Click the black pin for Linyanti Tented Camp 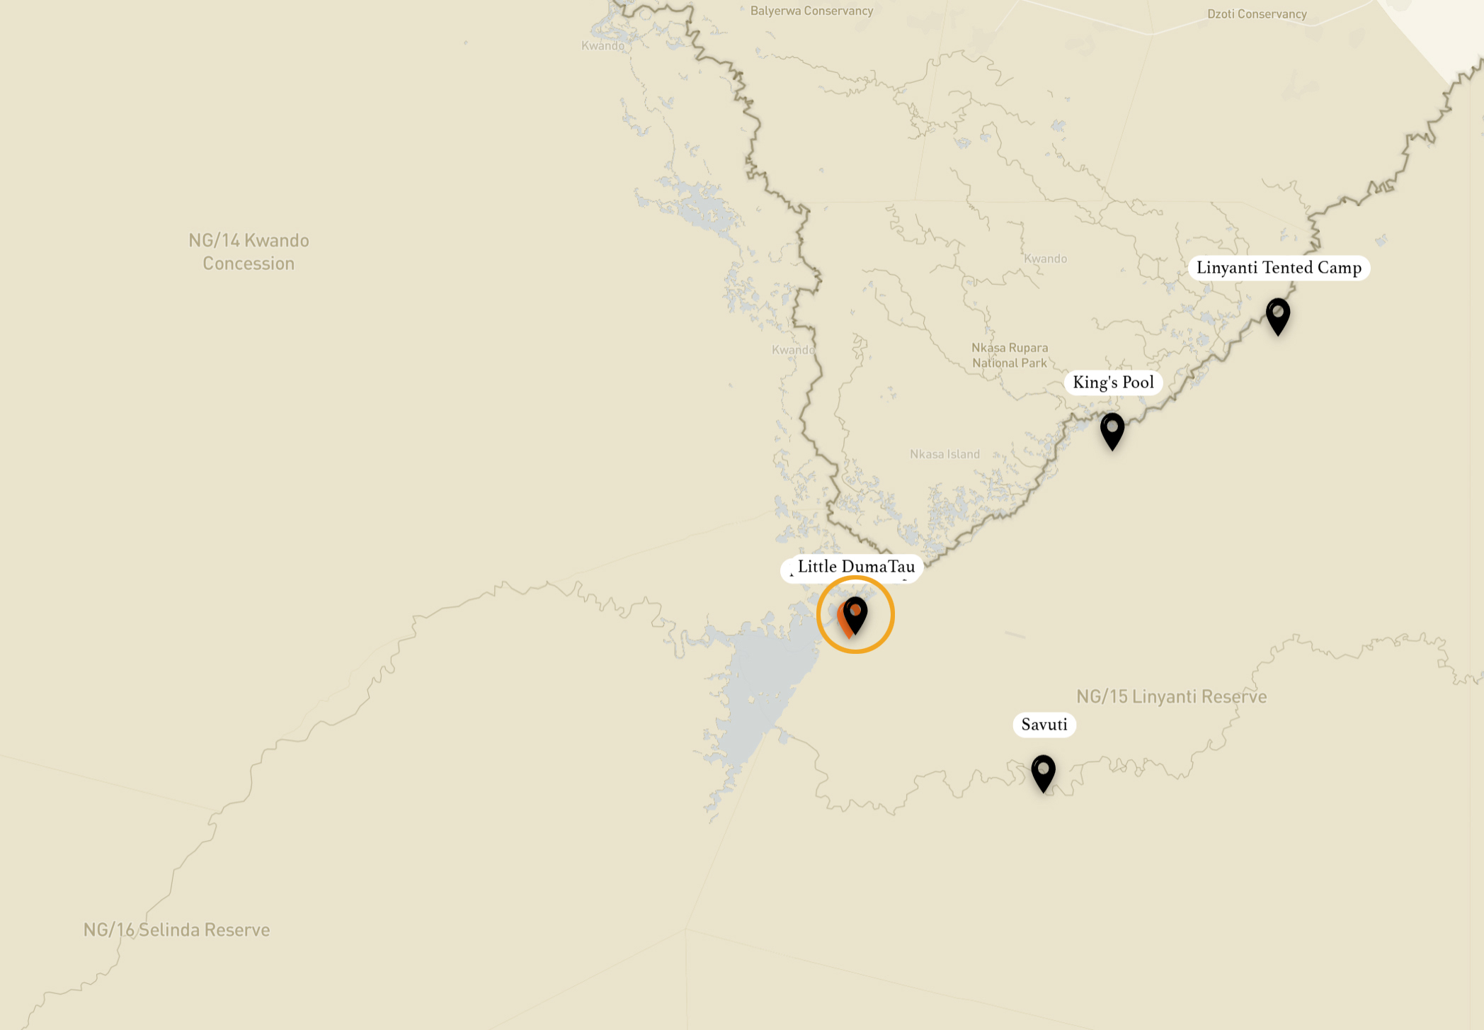pos(1278,315)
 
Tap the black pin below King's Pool pos(1112,429)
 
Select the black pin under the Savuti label pos(1043,771)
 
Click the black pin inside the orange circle pos(855,613)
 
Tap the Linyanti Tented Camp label pos(1279,268)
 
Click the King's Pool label pos(1113,383)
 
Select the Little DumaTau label pos(855,567)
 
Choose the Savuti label pos(1044,725)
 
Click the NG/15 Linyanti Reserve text pos(1171,696)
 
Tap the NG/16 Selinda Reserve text pos(176,929)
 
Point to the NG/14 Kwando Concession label pos(249,251)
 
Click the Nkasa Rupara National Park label pos(1010,355)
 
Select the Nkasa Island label pos(944,454)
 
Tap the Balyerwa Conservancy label pos(811,11)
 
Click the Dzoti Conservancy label pos(1257,14)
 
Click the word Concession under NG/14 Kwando pos(249,264)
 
